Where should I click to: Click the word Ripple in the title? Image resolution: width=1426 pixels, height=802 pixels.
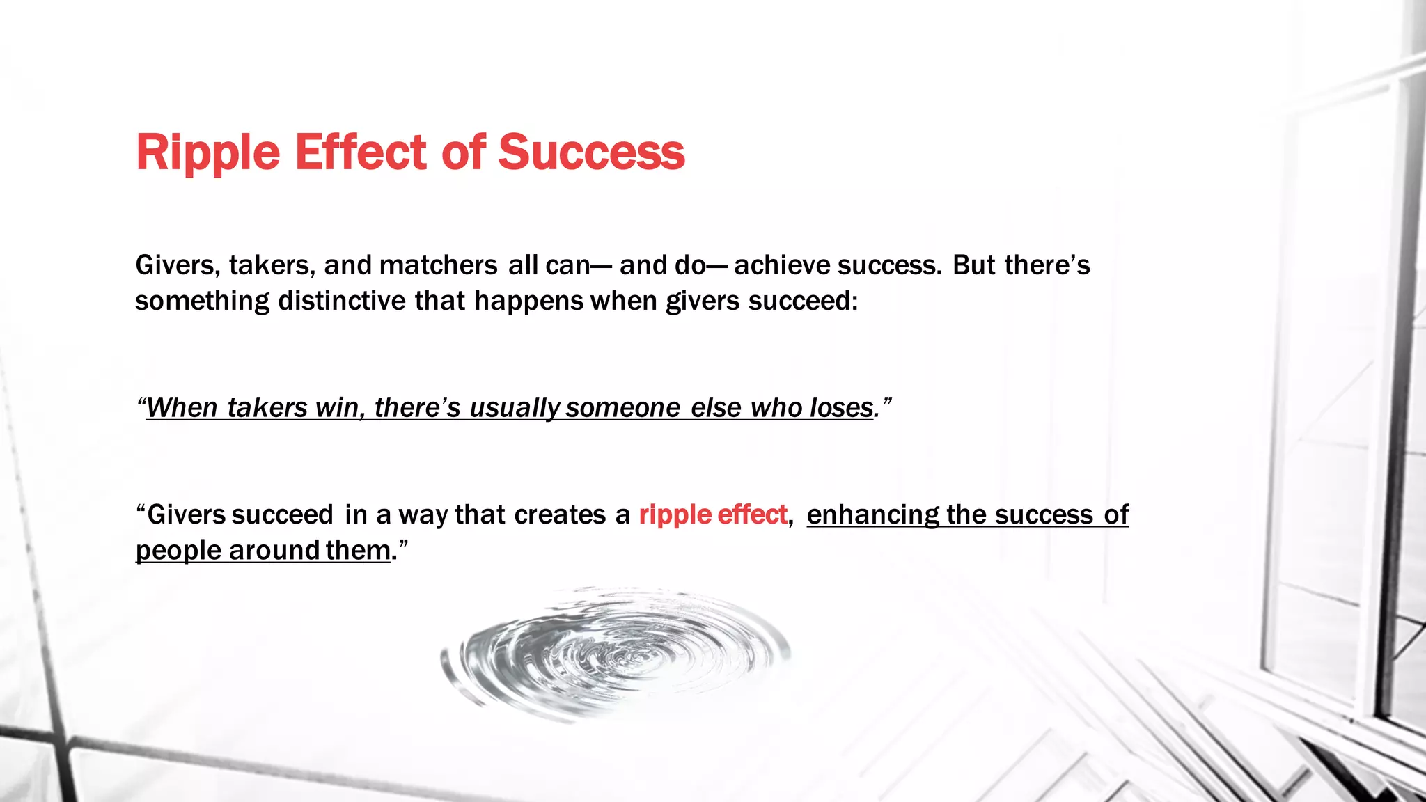pos(207,152)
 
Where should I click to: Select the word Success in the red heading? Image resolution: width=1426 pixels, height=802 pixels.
pos(591,152)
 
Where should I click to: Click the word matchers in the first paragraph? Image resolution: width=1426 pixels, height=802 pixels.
pos(438,265)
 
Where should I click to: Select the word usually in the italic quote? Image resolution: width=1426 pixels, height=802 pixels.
pos(515,407)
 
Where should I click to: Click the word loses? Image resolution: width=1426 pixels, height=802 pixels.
pos(840,407)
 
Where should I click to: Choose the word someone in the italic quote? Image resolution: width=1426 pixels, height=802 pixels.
pos(622,407)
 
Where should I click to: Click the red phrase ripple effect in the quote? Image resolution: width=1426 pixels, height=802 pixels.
pos(712,514)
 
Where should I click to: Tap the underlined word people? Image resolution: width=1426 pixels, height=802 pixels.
pos(178,550)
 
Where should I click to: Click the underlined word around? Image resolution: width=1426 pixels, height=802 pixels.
pos(274,550)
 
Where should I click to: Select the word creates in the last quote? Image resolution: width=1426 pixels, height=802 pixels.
pos(560,514)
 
